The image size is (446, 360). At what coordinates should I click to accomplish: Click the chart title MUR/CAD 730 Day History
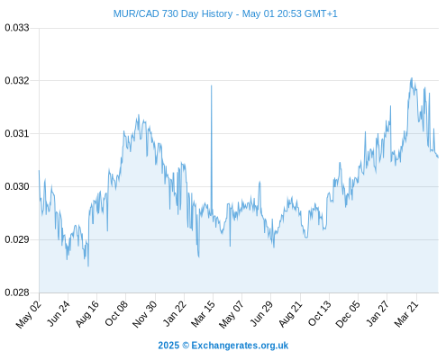(x=173, y=13)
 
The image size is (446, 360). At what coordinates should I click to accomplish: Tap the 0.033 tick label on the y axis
(x=17, y=28)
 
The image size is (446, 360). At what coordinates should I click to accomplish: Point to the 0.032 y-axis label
(x=17, y=80)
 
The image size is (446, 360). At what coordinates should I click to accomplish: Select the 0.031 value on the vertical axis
(x=17, y=133)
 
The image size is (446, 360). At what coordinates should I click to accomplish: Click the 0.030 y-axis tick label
(x=17, y=186)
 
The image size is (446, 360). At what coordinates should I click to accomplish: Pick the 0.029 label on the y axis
(x=17, y=239)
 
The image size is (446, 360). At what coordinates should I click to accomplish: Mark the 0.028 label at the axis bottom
(x=17, y=292)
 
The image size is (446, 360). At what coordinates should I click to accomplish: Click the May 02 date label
(x=29, y=314)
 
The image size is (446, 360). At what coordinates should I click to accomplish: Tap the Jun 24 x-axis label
(x=59, y=313)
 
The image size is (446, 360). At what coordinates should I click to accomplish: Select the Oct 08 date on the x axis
(x=116, y=313)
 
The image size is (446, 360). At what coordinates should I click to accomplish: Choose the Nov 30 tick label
(x=144, y=314)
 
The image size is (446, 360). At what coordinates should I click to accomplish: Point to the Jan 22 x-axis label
(x=175, y=313)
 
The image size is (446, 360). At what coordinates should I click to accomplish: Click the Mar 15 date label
(x=203, y=313)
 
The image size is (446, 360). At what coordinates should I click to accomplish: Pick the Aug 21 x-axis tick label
(x=290, y=313)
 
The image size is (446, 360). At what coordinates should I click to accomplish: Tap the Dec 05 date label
(x=348, y=314)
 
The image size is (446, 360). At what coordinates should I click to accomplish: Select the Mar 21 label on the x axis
(x=406, y=313)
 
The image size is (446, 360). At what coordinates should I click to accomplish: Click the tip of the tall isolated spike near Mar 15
(x=212, y=85)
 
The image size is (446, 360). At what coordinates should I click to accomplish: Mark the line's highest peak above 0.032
(x=412, y=78)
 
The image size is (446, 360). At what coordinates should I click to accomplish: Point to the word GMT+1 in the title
(x=321, y=13)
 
